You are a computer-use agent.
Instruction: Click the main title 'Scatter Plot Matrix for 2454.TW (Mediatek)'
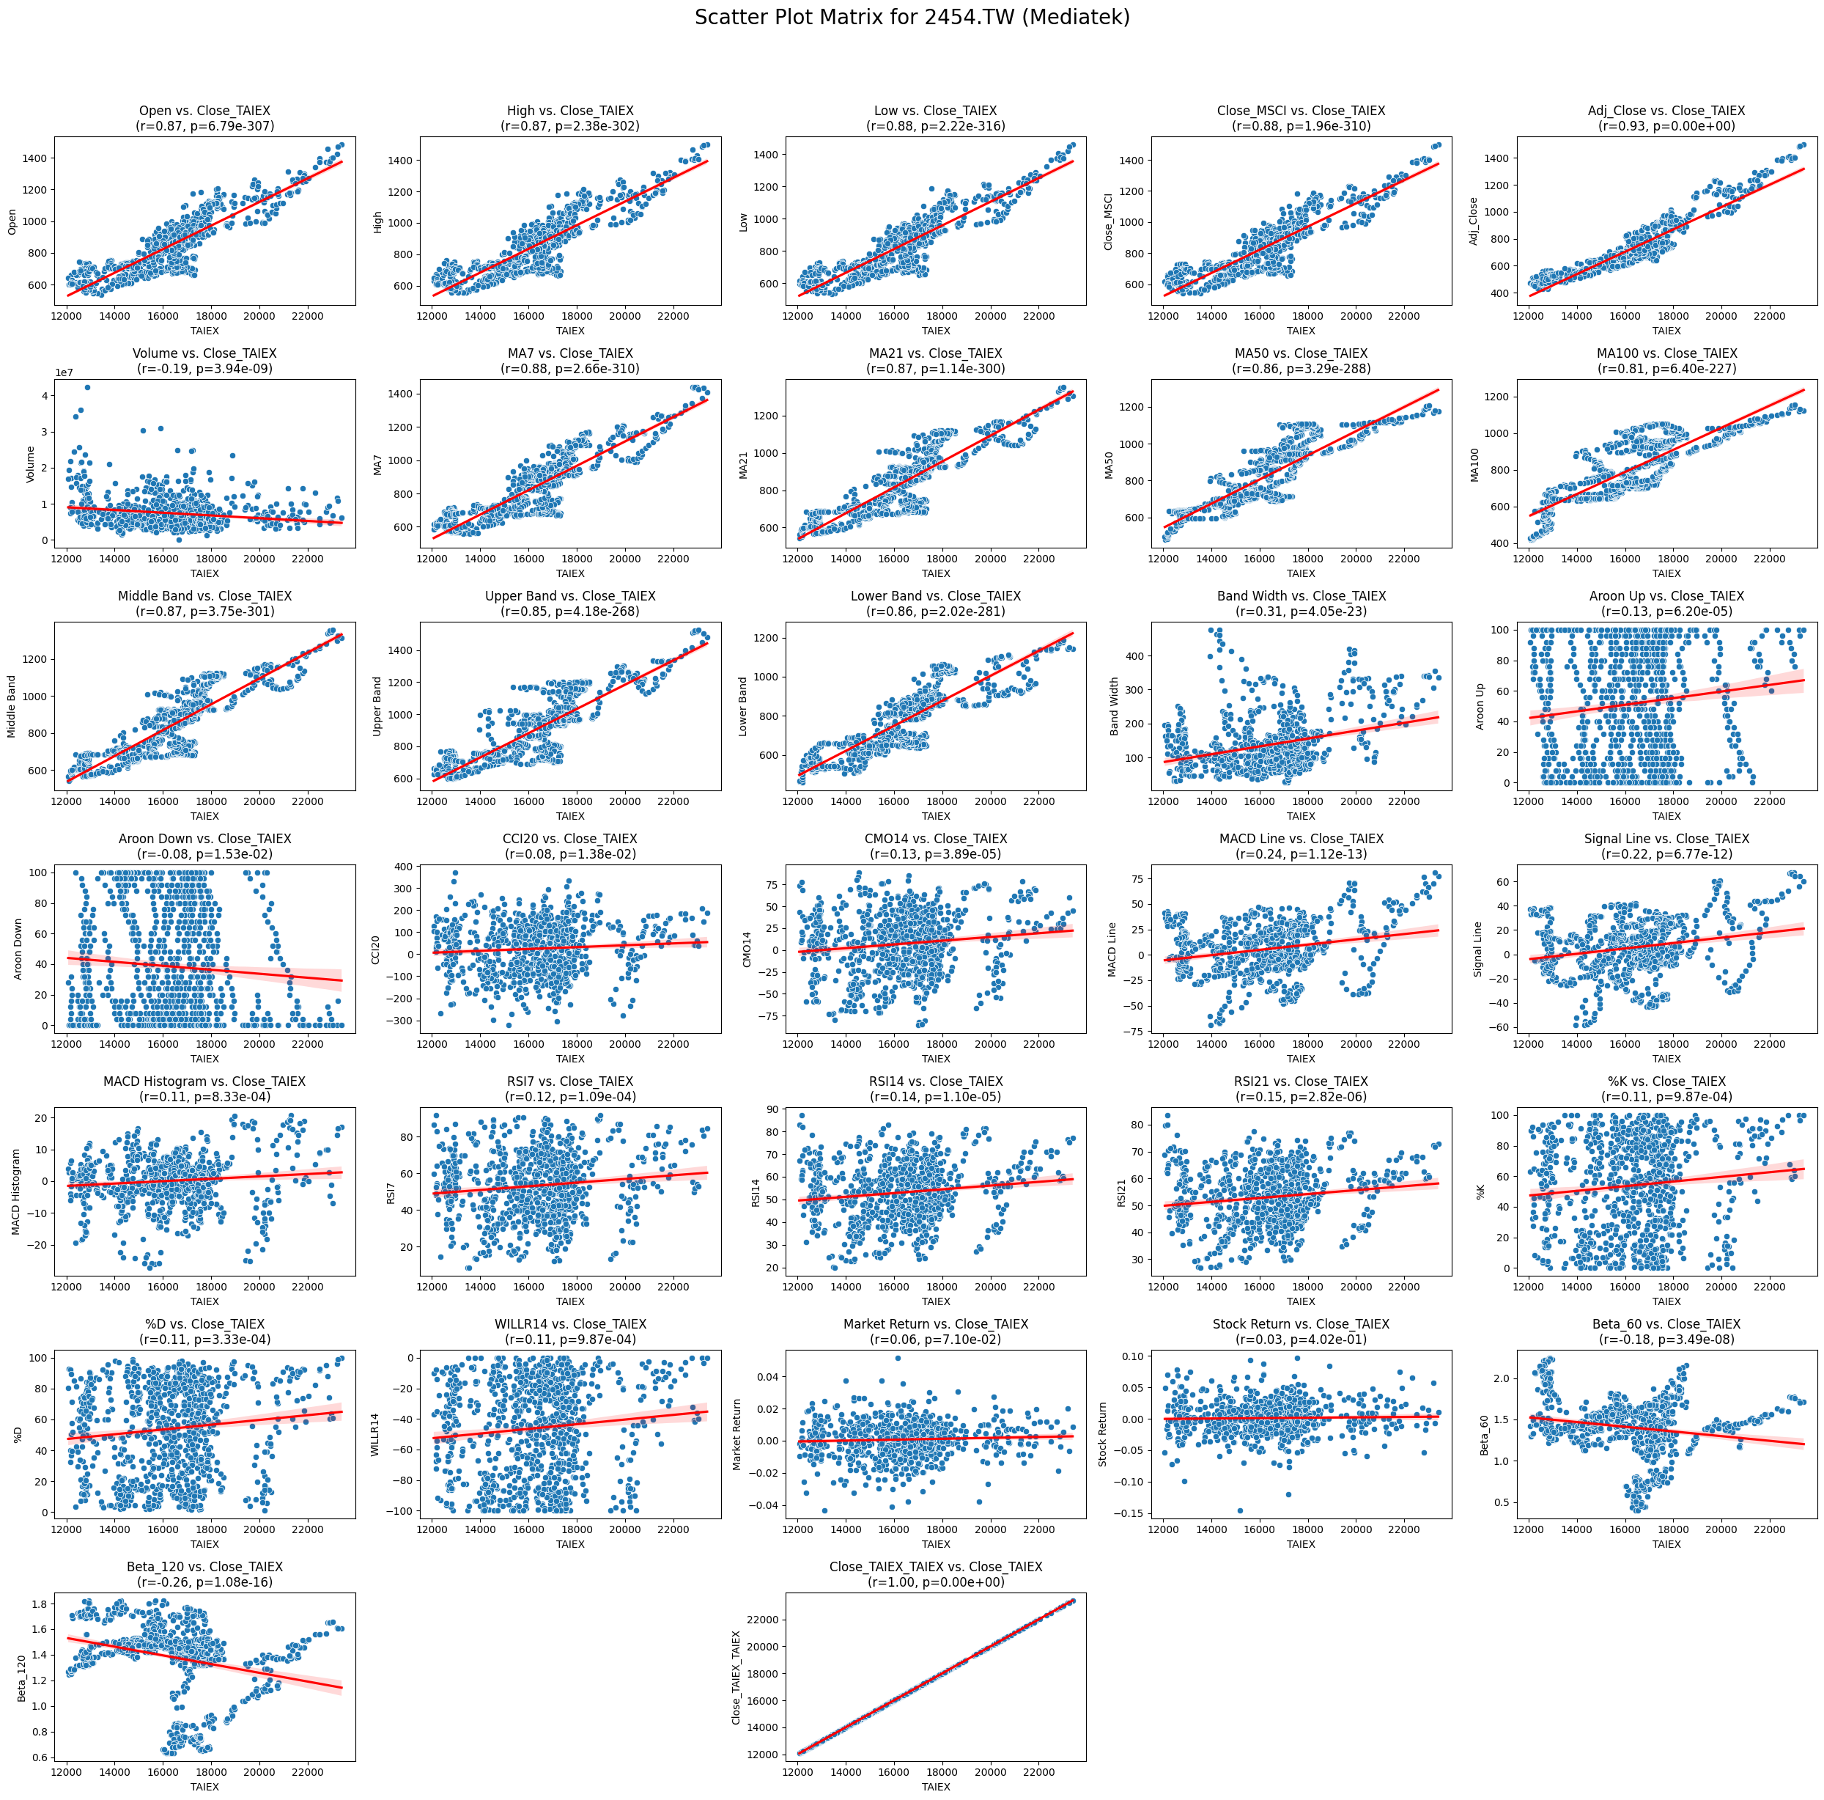(x=912, y=17)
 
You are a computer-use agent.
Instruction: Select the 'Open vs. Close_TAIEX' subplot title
(x=205, y=111)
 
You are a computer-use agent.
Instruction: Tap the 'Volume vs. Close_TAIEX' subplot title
(x=205, y=353)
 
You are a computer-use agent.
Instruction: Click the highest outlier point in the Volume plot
(x=87, y=387)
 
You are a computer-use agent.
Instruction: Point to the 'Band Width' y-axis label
(x=1114, y=706)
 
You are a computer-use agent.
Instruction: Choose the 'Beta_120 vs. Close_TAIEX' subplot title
(x=205, y=1567)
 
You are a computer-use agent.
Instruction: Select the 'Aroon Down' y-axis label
(x=18, y=949)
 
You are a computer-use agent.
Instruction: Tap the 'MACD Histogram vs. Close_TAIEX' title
(x=205, y=1081)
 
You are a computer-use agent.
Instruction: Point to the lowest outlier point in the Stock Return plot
(x=1240, y=1511)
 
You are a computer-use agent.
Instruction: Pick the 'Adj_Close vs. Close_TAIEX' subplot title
(x=1666, y=111)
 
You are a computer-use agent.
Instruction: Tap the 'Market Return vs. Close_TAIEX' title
(x=936, y=1324)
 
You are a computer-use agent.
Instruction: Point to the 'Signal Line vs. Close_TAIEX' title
(x=1666, y=839)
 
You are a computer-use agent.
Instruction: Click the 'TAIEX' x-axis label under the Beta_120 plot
(x=205, y=1787)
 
